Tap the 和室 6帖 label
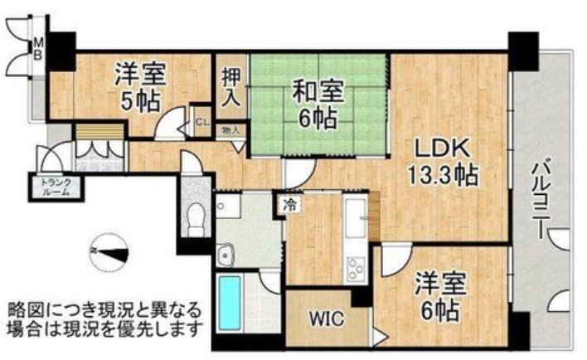[318, 105]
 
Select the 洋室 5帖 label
[140, 87]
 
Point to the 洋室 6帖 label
[440, 297]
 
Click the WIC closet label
[327, 319]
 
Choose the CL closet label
[202, 122]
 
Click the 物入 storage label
[230, 131]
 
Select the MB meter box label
[39, 49]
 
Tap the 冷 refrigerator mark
[289, 205]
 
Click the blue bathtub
[229, 303]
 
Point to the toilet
[195, 220]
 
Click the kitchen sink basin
[355, 218]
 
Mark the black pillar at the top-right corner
[523, 51]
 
